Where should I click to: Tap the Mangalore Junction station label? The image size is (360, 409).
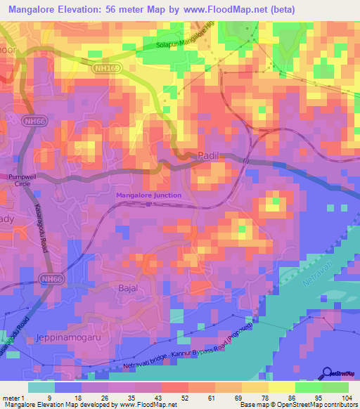pyautogui.click(x=149, y=195)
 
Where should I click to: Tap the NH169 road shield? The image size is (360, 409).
pyautogui.click(x=101, y=68)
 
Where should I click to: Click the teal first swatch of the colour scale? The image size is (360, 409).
pyautogui.click(x=41, y=387)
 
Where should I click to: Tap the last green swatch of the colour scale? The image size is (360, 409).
pyautogui.click(x=335, y=387)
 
